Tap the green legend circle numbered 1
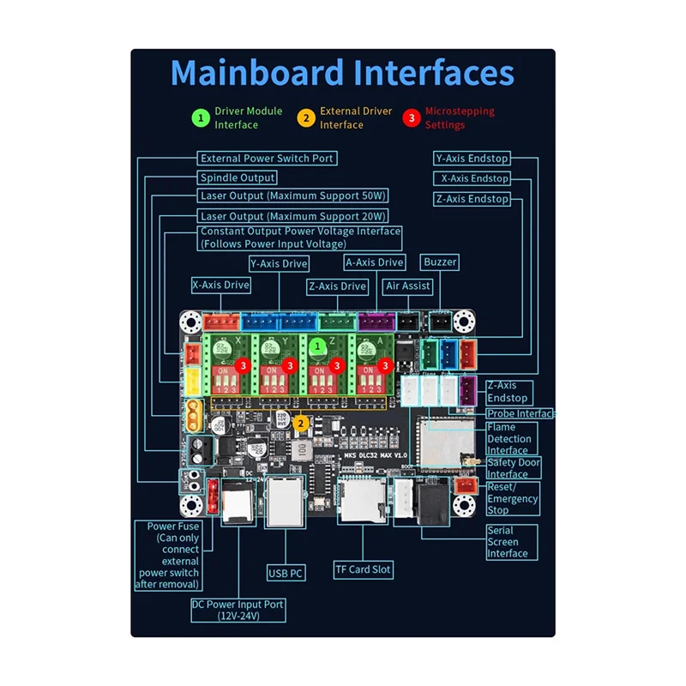[x=200, y=117]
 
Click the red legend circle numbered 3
[x=411, y=117]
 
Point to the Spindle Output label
[x=238, y=178]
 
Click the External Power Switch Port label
[x=266, y=159]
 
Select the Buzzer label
[x=440, y=262]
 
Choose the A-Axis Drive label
[x=374, y=262]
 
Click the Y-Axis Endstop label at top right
[x=472, y=159]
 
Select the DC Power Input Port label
[x=238, y=610]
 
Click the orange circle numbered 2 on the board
[x=301, y=423]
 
